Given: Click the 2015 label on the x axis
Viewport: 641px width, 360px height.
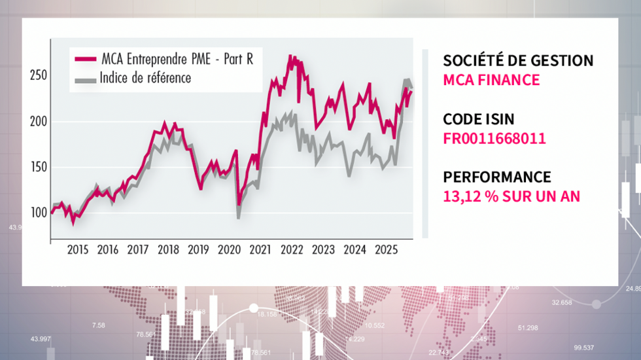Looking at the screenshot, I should [77, 249].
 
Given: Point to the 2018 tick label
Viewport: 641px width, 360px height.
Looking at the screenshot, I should [168, 249].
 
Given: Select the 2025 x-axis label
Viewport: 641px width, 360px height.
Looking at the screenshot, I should [385, 249].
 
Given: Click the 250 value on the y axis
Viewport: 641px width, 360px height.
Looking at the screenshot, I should [39, 76].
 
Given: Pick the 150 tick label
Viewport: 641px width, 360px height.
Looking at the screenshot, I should [39, 168].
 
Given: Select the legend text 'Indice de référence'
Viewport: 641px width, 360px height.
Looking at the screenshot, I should [145, 79].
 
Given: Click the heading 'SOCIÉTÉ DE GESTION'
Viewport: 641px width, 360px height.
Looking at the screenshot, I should [518, 61].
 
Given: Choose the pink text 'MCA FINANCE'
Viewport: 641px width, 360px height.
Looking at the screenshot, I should [491, 80].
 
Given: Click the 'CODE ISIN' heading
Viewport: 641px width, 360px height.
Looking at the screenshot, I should [479, 119].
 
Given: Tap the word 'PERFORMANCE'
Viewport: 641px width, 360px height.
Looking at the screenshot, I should [496, 177].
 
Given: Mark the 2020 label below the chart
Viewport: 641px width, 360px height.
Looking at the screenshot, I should [229, 249].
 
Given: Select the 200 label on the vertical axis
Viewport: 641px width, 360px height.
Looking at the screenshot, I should [39, 122].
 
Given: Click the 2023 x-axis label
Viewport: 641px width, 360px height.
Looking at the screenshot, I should [322, 249].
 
